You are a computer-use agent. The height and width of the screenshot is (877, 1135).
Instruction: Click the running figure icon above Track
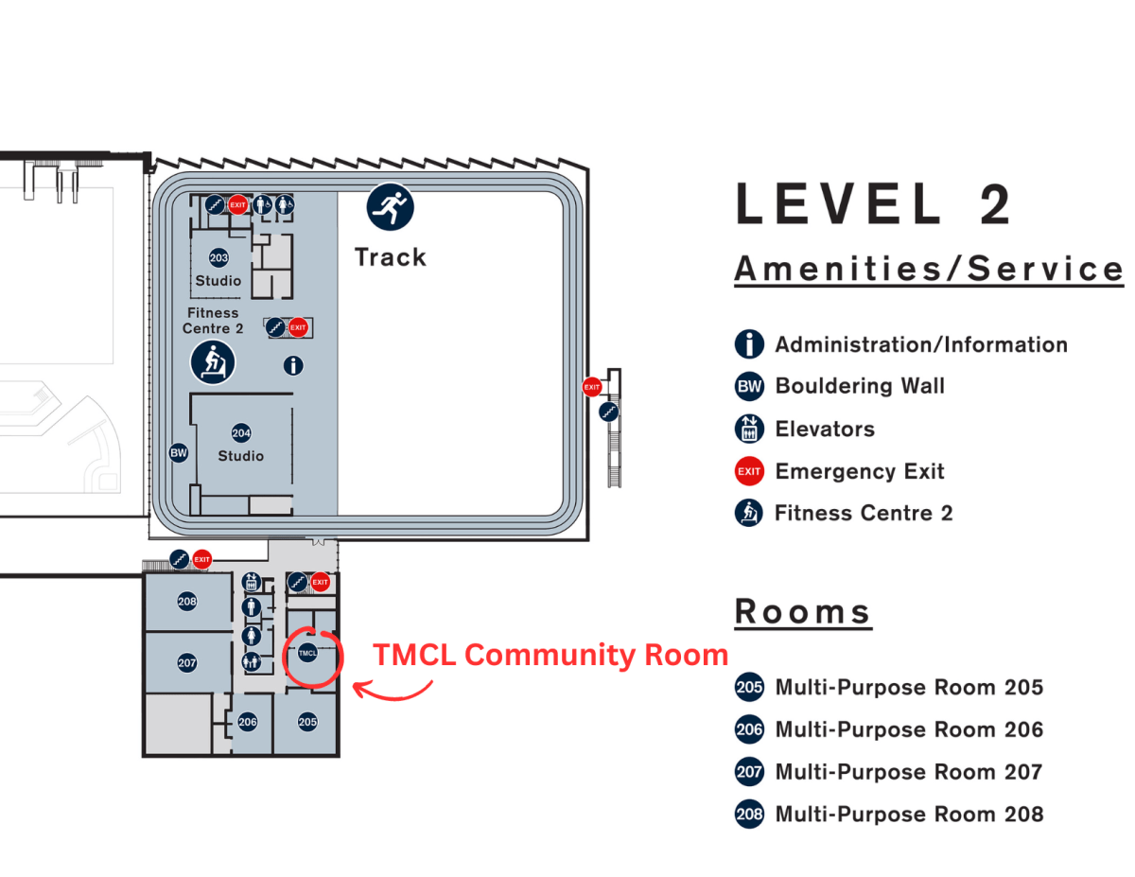pyautogui.click(x=391, y=206)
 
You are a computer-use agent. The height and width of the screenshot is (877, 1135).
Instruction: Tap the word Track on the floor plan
pyautogui.click(x=390, y=257)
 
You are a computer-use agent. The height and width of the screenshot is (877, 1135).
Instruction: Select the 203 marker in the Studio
pyautogui.click(x=218, y=258)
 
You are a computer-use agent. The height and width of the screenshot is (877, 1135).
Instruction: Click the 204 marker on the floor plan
pyautogui.click(x=241, y=433)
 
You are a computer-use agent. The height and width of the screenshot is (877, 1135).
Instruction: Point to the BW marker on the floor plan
pyautogui.click(x=179, y=453)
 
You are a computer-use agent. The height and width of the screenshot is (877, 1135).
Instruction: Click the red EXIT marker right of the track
pyautogui.click(x=592, y=386)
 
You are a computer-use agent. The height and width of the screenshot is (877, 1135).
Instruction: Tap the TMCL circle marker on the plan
pyautogui.click(x=308, y=653)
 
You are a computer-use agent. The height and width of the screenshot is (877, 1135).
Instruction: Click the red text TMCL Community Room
pyautogui.click(x=550, y=655)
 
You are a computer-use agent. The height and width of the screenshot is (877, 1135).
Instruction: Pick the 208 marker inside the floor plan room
pyautogui.click(x=187, y=602)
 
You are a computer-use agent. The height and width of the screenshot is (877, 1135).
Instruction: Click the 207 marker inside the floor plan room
pyautogui.click(x=187, y=663)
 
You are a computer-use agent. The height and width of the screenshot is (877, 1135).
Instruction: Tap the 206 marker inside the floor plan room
pyautogui.click(x=248, y=722)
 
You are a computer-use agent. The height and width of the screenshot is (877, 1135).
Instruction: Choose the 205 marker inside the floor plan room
pyautogui.click(x=307, y=722)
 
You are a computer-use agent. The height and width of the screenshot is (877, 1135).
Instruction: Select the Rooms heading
pyautogui.click(x=802, y=612)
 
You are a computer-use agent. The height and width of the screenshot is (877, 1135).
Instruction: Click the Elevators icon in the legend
pyautogui.click(x=749, y=429)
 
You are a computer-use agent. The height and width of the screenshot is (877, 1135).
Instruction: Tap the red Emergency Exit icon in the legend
pyautogui.click(x=749, y=471)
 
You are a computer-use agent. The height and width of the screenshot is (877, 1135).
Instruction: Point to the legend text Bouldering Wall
pyautogui.click(x=860, y=386)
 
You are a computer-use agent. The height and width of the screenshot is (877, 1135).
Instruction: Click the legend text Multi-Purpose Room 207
pyautogui.click(x=909, y=772)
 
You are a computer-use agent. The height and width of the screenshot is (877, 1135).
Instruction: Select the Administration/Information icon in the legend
pyautogui.click(x=749, y=344)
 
